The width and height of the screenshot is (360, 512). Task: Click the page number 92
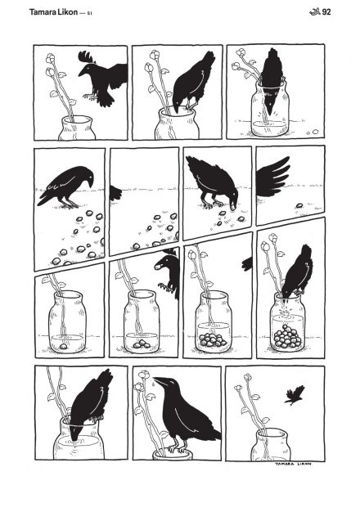pos(326,12)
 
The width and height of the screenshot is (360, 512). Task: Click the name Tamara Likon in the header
pos(53,12)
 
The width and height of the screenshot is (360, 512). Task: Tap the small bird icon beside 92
pos(315,12)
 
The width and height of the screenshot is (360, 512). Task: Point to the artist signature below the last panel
pos(293,464)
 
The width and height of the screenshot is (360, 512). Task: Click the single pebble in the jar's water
pos(63,345)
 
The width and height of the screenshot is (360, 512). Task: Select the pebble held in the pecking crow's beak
pos(232,207)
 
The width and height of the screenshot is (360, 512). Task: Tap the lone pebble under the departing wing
pos(299,205)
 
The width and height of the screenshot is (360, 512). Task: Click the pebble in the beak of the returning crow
pos(158,267)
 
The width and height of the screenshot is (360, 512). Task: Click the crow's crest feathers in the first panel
pos(86,56)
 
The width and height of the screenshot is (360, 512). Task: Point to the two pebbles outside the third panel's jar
pos(313,132)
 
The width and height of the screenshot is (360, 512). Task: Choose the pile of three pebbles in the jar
pos(141,344)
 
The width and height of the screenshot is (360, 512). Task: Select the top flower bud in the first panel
pos(50,58)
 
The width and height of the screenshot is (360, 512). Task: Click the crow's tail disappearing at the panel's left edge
pos(115,193)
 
